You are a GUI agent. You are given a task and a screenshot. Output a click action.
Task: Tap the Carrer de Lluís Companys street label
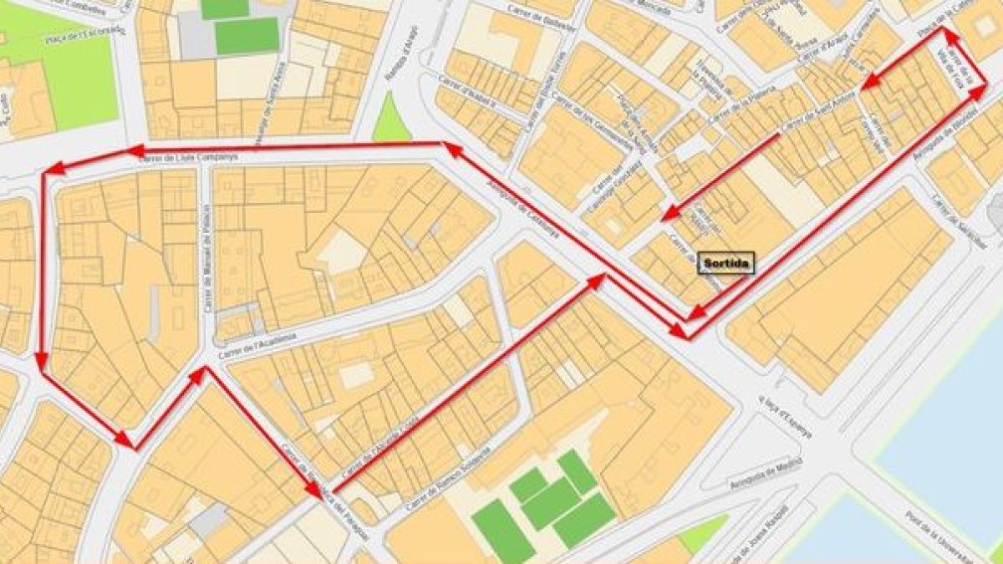pos(189,156)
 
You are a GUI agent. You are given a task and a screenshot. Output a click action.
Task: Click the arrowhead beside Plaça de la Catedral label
pos(947,33)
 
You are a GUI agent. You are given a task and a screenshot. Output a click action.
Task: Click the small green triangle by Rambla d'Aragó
pos(390,121)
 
